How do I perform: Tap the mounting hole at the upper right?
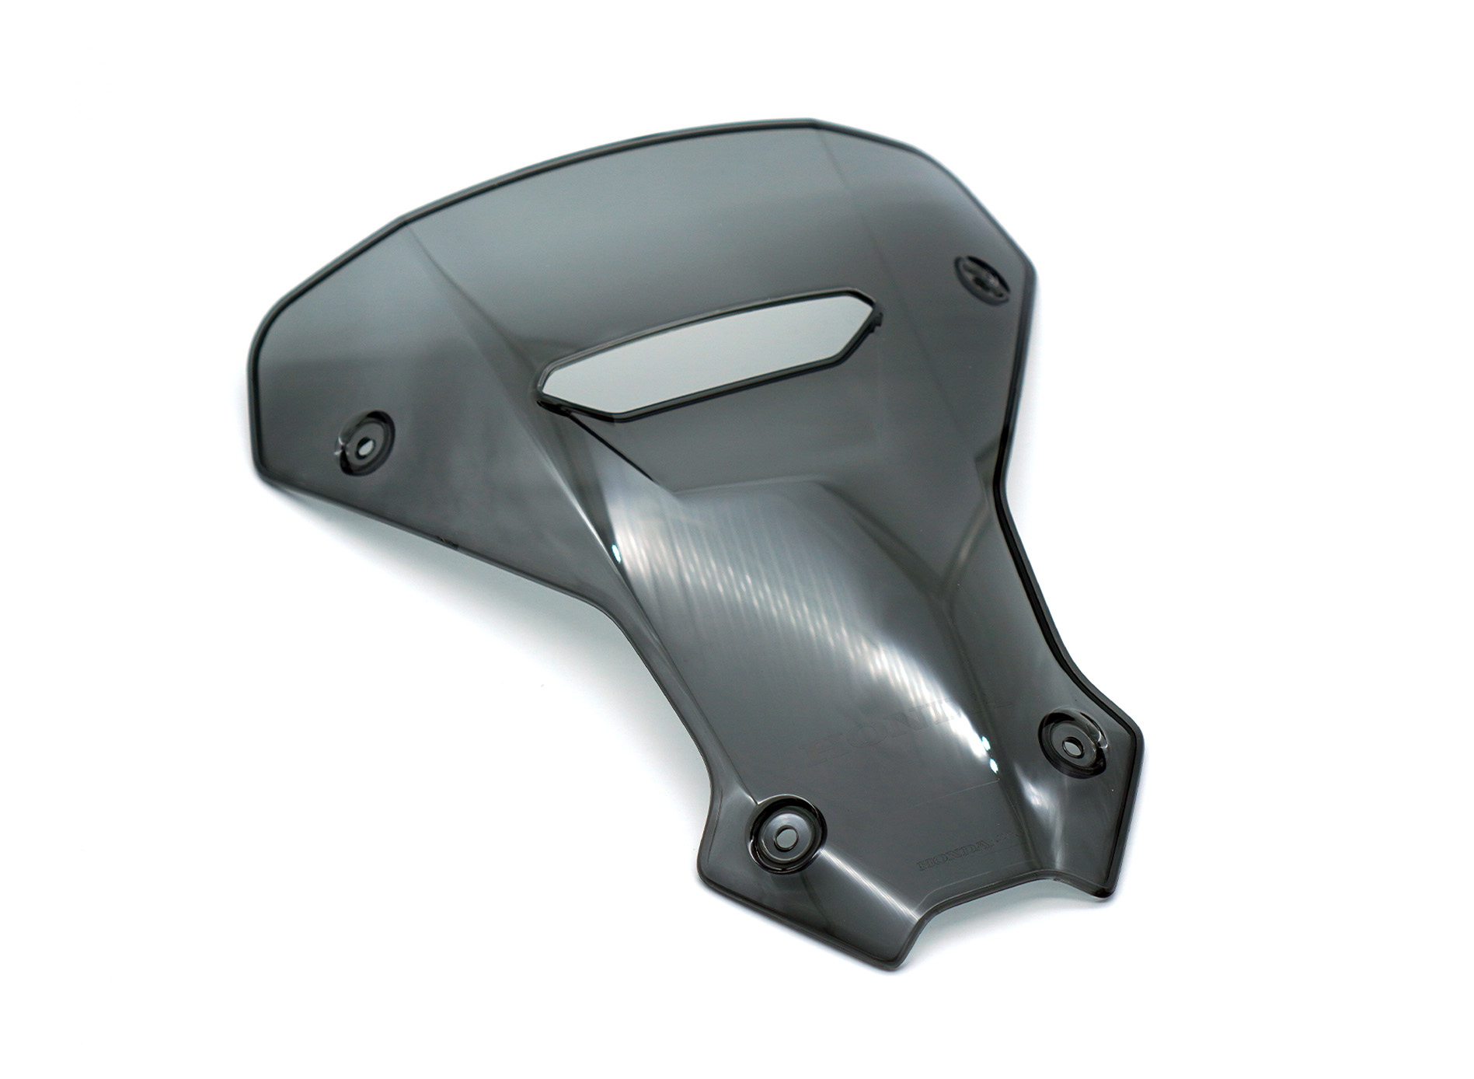coord(981,279)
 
